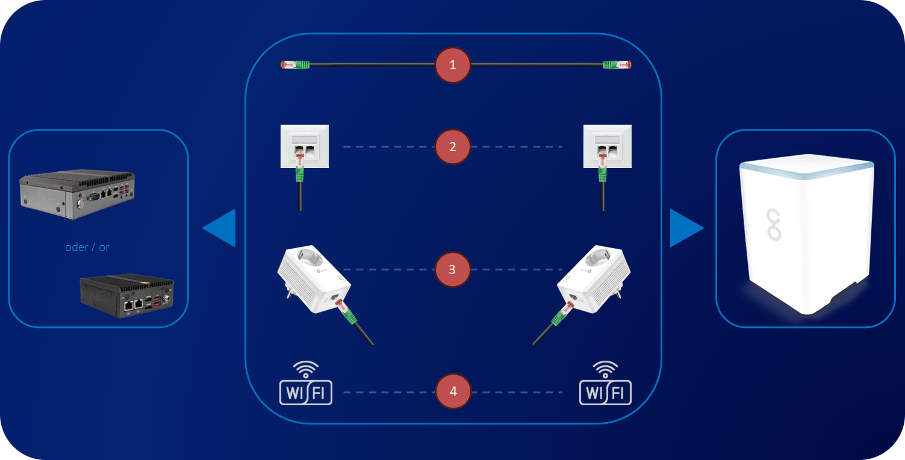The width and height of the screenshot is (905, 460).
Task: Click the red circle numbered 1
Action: (453, 65)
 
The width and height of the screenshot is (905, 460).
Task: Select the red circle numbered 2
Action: (453, 146)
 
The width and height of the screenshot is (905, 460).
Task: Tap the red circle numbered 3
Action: (453, 269)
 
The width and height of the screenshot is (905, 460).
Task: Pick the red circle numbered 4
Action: (453, 391)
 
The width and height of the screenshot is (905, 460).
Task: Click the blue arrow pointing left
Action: (220, 228)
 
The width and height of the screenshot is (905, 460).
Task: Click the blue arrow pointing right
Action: (686, 228)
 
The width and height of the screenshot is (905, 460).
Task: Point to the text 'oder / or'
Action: (87, 247)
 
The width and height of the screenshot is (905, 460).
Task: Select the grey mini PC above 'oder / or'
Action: (76, 194)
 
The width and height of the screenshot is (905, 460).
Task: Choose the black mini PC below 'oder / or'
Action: (127, 296)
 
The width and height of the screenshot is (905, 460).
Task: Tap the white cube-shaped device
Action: (806, 234)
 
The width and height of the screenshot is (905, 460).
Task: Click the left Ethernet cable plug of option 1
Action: (295, 64)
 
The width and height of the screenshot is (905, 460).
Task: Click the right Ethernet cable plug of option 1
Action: (617, 64)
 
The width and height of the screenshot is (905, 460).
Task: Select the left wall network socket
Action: (305, 146)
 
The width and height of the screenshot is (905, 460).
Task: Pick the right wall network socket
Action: (607, 146)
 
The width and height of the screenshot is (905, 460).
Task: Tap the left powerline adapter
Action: (314, 279)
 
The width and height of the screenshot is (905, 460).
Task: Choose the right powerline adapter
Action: (594, 279)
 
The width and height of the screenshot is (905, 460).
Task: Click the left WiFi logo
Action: (306, 384)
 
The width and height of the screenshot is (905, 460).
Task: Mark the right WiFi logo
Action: (605, 384)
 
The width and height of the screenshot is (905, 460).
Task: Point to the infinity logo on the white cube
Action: (773, 225)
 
